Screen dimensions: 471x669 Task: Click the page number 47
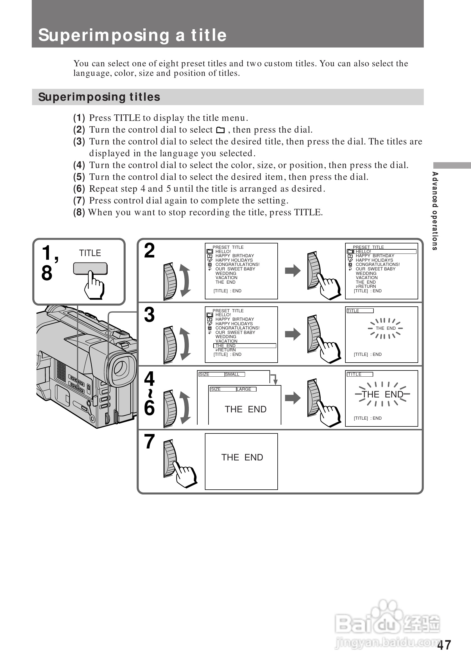(x=444, y=645)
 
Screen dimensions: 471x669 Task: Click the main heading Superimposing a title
(x=133, y=35)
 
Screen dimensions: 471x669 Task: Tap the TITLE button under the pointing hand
(x=90, y=268)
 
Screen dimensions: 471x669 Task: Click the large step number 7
(x=150, y=441)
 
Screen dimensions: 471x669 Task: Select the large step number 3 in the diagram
(x=150, y=315)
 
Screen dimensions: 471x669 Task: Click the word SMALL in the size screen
(x=232, y=374)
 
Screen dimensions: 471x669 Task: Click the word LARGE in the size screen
(x=244, y=389)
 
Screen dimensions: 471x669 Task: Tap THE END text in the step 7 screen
(x=242, y=457)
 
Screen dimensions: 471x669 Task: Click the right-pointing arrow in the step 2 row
(x=293, y=271)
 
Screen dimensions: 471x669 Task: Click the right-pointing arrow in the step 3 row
(x=293, y=334)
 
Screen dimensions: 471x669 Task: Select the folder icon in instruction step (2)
(x=221, y=130)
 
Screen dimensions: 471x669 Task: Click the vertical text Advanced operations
(x=435, y=211)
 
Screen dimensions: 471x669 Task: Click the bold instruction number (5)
(x=79, y=177)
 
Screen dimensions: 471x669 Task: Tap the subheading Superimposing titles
(x=99, y=97)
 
